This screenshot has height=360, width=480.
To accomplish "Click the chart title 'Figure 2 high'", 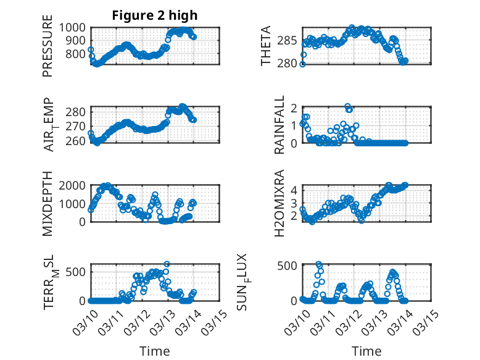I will coord(154,15).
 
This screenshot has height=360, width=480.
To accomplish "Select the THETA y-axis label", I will coord(266,46).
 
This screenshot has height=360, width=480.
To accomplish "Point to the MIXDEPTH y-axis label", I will coord(48,204).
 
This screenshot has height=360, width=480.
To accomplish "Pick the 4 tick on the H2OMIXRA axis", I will coord(296,190).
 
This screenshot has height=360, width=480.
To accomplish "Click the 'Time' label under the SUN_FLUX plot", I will coord(366,351).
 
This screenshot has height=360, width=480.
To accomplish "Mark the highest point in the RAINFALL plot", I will coord(348,107).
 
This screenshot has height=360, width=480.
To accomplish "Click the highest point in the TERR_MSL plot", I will coord(167,264).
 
